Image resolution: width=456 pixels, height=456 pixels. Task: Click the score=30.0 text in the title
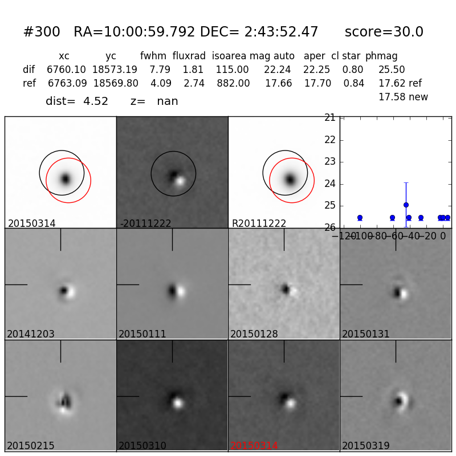[384, 32]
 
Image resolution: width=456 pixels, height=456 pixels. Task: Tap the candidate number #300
[42, 32]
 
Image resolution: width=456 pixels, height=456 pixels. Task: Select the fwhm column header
[152, 56]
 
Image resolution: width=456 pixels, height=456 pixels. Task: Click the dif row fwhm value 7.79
[160, 70]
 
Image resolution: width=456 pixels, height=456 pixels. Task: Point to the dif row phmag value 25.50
[392, 70]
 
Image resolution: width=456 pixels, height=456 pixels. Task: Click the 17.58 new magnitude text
[403, 97]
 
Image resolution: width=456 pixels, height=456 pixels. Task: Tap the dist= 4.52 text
[77, 101]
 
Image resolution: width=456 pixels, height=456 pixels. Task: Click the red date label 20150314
[254, 446]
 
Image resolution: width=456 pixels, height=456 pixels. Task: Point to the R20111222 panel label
[259, 223]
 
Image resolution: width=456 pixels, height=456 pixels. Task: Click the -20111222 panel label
[145, 223]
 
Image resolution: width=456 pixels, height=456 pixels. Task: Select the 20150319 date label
[366, 446]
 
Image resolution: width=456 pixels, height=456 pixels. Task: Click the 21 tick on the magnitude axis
[329, 117]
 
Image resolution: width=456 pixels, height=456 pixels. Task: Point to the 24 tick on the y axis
[329, 184]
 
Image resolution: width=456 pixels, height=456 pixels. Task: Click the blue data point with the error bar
[406, 205]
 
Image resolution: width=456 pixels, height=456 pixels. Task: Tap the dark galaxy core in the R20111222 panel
[290, 180]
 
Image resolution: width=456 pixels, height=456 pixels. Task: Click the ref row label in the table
[29, 84]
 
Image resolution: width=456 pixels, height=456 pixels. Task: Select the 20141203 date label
[31, 334]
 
